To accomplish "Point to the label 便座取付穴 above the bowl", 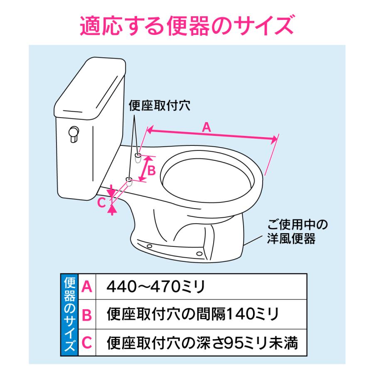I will point(160,106).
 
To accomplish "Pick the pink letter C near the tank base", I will point(101,202).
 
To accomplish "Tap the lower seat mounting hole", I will point(129,181).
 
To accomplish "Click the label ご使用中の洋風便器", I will point(293,232).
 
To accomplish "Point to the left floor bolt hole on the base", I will point(149,246).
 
